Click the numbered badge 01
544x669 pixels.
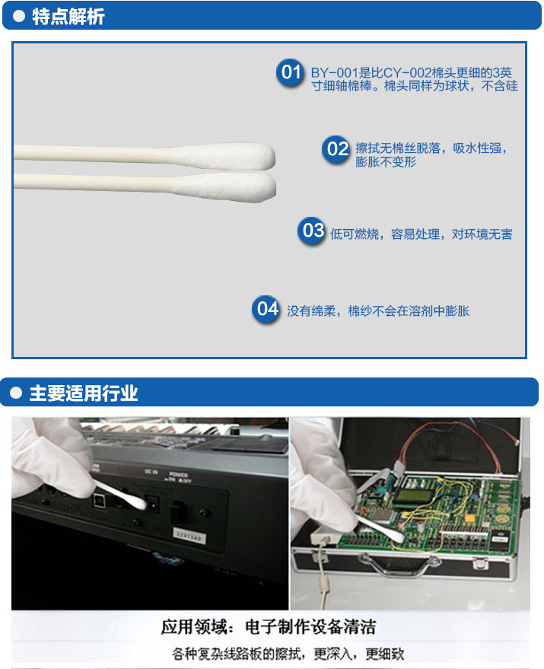(291, 72)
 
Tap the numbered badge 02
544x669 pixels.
(336, 149)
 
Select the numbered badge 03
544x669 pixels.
(312, 231)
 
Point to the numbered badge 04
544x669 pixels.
(266, 309)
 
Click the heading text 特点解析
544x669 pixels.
(68, 17)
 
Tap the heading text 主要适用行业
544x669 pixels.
(84, 393)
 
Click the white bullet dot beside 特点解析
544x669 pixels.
(19, 16)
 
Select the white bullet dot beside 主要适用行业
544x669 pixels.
(16, 393)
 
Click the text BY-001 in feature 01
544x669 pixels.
(332, 73)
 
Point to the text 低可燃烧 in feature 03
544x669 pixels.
(355, 234)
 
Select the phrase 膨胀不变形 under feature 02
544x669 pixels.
(386, 162)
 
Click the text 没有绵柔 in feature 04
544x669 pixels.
(311, 311)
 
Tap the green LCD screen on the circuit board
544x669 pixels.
(409, 495)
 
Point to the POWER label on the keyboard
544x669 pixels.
(178, 474)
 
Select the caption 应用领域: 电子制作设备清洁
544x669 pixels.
(269, 627)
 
